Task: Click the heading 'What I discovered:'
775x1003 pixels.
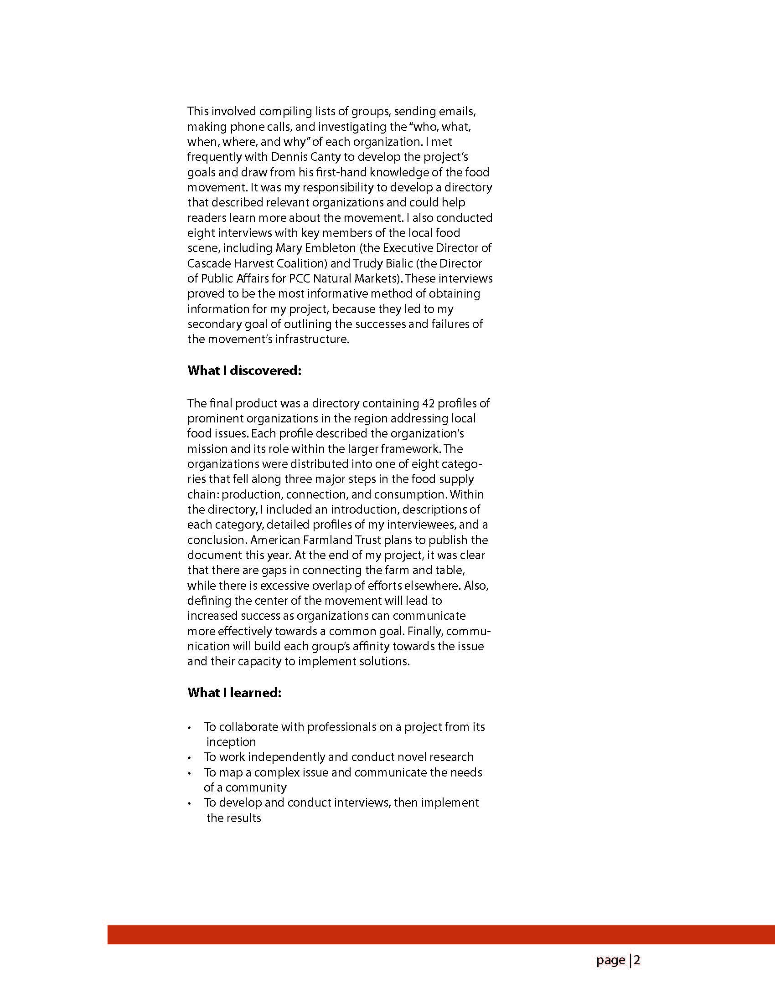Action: point(244,370)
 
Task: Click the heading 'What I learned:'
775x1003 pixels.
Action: point(234,693)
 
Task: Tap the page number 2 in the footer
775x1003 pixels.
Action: point(637,960)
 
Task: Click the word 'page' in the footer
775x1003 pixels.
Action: point(610,960)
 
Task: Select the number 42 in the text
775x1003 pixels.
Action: point(427,403)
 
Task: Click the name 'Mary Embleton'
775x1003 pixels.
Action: point(315,248)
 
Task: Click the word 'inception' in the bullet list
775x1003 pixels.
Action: point(231,742)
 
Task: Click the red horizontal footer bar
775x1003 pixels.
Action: point(441,934)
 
